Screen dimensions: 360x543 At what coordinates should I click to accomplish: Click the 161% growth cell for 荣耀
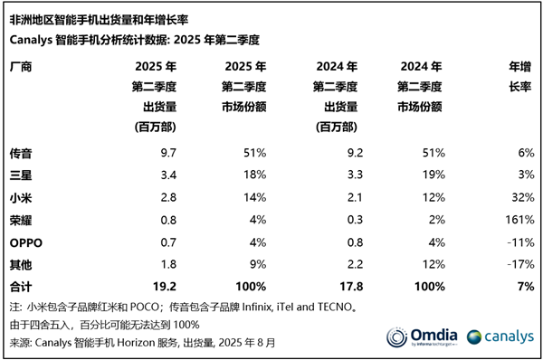tap(513, 221)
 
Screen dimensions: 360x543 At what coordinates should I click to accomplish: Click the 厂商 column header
tap(20, 68)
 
